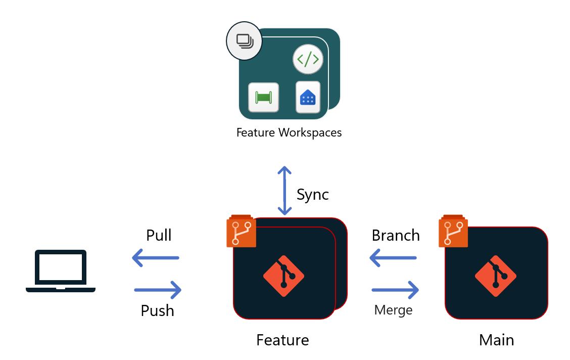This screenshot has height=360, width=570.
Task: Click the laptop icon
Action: [x=61, y=271]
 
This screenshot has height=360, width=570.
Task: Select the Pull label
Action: [x=159, y=235]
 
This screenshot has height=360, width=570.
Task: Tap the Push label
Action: [x=157, y=310]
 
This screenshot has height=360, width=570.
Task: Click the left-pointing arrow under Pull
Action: [x=156, y=258]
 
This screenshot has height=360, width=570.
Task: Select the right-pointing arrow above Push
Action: [x=158, y=290]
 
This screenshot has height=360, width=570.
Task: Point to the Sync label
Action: [x=312, y=194]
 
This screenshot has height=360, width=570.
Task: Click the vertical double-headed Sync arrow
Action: [x=284, y=190]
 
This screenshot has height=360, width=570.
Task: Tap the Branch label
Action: [x=396, y=235]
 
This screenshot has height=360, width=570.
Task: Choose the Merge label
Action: [x=393, y=309]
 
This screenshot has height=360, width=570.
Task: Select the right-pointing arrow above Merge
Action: [x=395, y=290]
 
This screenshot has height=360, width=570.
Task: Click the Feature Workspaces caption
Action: [x=289, y=132]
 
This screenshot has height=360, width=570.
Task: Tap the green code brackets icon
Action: [x=308, y=60]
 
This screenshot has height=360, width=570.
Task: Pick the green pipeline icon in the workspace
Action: [x=263, y=97]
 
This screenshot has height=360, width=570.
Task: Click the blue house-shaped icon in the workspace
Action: [x=308, y=97]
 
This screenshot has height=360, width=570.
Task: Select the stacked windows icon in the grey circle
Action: [x=244, y=40]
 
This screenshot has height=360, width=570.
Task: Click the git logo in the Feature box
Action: [x=283, y=276]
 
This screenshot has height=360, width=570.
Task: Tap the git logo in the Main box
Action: [x=495, y=276]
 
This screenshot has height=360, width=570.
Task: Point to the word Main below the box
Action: [x=496, y=340]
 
